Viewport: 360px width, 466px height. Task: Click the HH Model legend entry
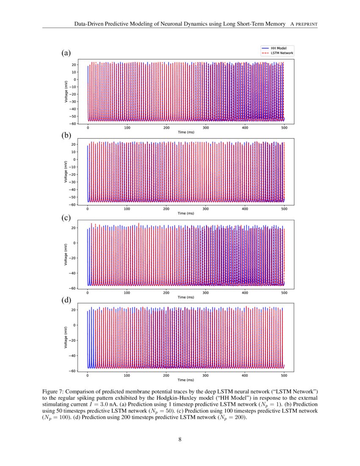point(278,48)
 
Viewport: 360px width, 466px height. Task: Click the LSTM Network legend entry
point(282,53)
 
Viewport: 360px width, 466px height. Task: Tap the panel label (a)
point(66,53)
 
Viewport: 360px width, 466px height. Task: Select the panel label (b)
point(66,136)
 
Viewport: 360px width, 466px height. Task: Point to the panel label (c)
point(66,218)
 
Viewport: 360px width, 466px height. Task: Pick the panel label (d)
point(66,300)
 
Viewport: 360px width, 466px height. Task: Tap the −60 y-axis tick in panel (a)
point(73,124)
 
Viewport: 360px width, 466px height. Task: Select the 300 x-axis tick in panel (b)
point(205,208)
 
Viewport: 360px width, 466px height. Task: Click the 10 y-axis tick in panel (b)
point(75,152)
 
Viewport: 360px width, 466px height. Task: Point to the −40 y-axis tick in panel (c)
point(73,273)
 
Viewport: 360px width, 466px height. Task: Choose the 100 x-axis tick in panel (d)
point(127,375)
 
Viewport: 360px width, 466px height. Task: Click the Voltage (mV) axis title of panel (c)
point(66,254)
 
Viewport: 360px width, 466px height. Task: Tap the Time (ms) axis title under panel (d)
point(186,380)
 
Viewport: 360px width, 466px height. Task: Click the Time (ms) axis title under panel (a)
point(186,132)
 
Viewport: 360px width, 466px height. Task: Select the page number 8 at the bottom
point(180,439)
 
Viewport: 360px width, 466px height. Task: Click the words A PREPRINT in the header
point(304,24)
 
